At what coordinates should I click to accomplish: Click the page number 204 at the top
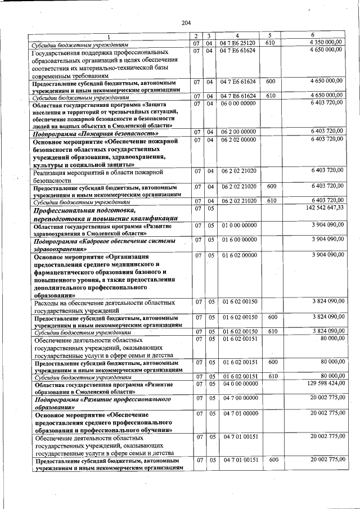pyautogui.click(x=186, y=22)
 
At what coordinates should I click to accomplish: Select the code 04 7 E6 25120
pyautogui.click(x=238, y=43)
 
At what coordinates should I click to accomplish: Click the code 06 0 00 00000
pyautogui.click(x=238, y=103)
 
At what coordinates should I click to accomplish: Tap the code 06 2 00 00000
pyautogui.click(x=238, y=132)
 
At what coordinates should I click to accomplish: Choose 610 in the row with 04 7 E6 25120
pyautogui.click(x=270, y=43)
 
